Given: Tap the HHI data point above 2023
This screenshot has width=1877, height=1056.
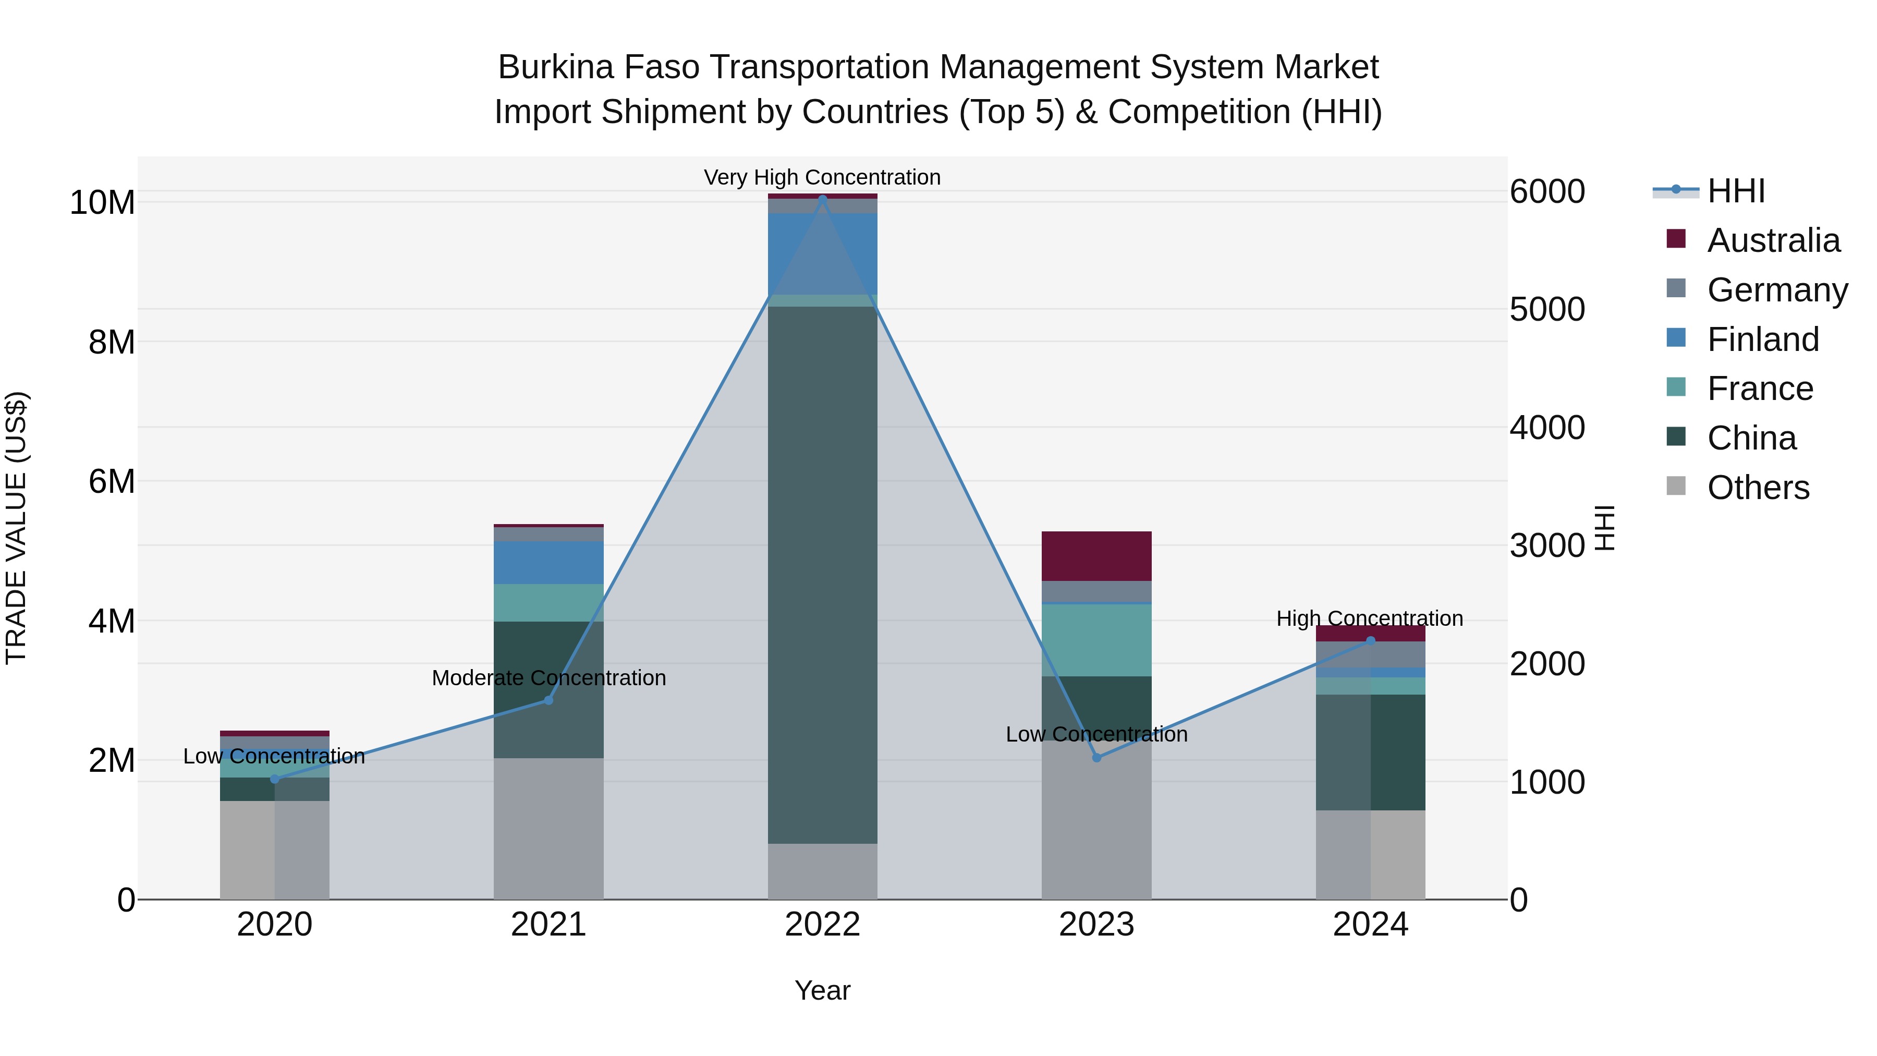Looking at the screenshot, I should [1096, 758].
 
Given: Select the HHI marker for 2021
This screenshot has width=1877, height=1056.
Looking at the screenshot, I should [549, 700].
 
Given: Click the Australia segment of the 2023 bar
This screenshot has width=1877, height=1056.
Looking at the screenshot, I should [1096, 556].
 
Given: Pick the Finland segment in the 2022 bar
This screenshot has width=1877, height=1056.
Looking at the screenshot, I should [823, 253].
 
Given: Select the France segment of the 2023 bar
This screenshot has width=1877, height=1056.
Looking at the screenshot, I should [1096, 640].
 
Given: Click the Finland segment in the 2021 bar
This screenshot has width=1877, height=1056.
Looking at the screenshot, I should [549, 563].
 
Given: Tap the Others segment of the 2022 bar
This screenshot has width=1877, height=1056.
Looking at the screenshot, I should [823, 871].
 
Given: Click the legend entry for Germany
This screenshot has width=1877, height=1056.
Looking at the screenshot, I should [1777, 290].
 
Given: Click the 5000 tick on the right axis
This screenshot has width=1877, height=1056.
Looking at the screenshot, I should [1547, 310].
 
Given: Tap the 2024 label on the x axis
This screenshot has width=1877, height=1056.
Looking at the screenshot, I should [1370, 925].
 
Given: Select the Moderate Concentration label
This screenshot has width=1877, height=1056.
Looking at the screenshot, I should [549, 678].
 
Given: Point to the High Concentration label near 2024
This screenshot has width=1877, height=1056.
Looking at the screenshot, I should [1369, 618].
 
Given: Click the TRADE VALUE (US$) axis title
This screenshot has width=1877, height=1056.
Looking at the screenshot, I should [17, 528].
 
